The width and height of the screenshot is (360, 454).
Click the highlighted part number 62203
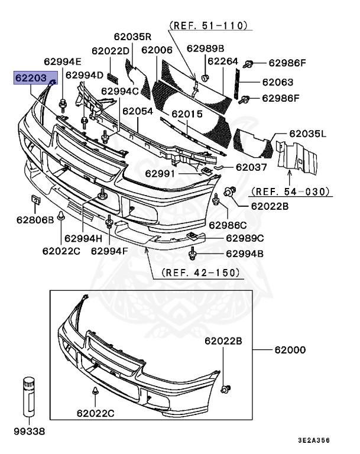[x=30, y=77]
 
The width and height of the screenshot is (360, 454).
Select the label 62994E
[x=62, y=61]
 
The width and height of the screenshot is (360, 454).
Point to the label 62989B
[x=205, y=48]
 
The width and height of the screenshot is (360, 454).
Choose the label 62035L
[x=307, y=134]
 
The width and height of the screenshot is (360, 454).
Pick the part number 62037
[x=251, y=167]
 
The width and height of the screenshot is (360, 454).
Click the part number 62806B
[x=35, y=220]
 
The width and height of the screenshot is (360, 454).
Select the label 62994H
[x=83, y=239]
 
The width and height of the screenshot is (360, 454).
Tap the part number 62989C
[x=245, y=238]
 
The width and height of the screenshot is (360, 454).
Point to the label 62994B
[x=244, y=254]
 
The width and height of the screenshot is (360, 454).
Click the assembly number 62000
[x=289, y=349]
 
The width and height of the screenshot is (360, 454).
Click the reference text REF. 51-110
[x=208, y=26]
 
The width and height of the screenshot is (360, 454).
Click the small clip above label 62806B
[x=35, y=201]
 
